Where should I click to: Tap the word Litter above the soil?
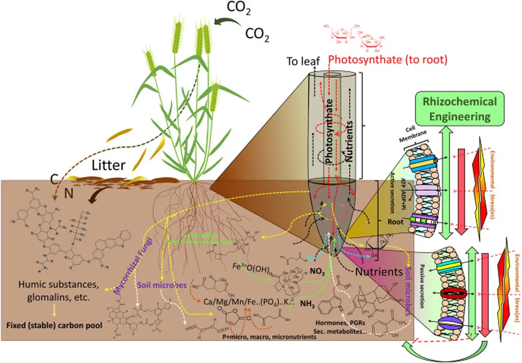click(110, 165)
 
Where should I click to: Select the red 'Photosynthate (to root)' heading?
click(387, 60)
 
